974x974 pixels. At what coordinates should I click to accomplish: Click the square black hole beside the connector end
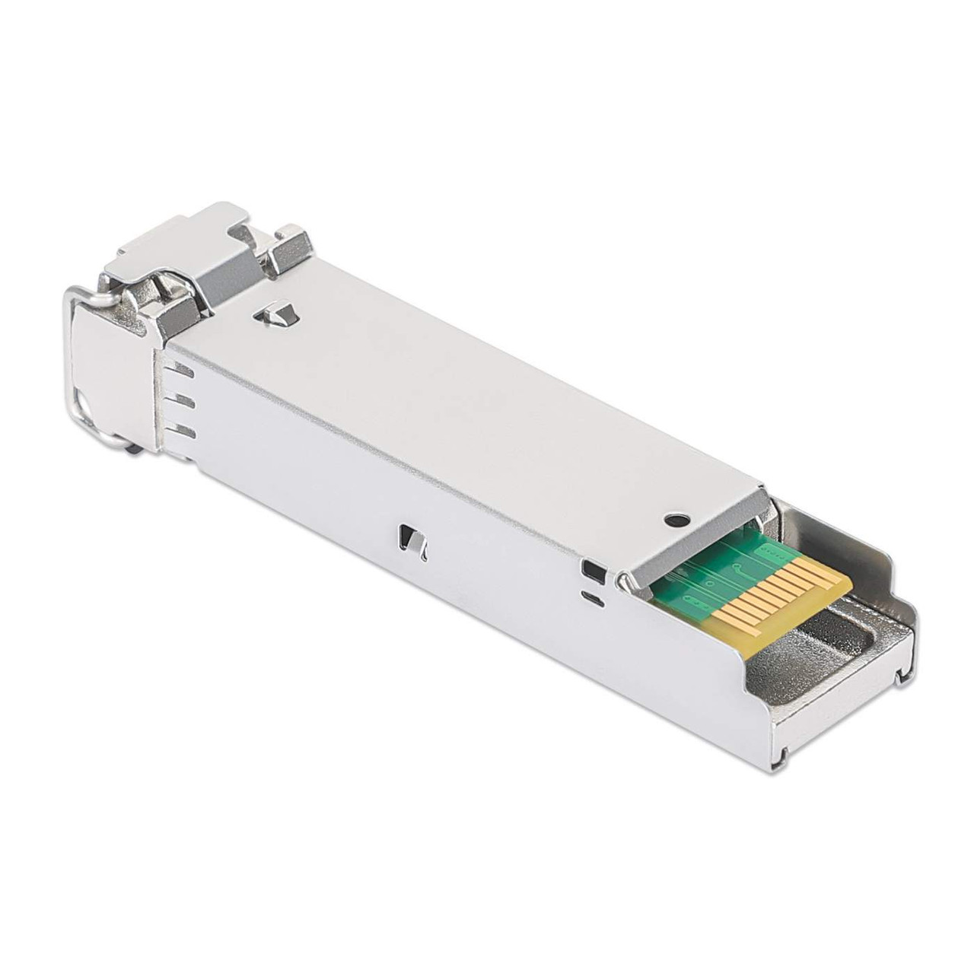[590, 567]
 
